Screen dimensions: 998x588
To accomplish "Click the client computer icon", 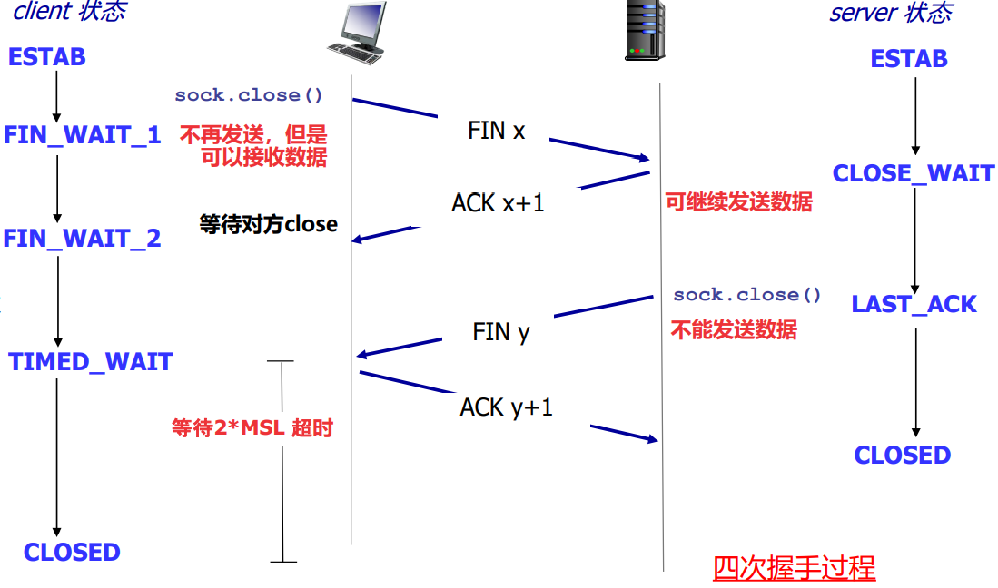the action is point(358,33).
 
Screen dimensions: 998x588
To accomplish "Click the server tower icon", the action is point(646,31).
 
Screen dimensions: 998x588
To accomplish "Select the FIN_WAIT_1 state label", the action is point(83,135).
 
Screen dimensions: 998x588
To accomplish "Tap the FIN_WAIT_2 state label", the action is point(82,239).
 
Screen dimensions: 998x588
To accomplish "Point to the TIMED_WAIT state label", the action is point(91,362).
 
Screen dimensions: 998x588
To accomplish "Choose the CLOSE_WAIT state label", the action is point(914,173).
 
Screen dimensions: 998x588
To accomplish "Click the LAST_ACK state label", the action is point(914,305).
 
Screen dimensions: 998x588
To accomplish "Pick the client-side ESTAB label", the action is point(46,57).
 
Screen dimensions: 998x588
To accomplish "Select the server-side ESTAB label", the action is point(909,59).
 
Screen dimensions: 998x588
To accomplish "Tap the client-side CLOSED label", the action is point(72,553).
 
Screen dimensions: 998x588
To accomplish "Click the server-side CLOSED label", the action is point(903,456).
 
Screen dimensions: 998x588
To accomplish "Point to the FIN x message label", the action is point(497,131).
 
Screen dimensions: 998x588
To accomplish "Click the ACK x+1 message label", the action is point(498,203).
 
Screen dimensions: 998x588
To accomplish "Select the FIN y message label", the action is point(501,332).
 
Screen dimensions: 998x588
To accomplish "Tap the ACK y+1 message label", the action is point(506,407).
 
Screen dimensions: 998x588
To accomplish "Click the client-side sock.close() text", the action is point(249,95).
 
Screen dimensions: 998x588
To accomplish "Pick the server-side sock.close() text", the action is point(747,295).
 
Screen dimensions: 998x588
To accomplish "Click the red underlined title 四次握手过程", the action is point(795,568).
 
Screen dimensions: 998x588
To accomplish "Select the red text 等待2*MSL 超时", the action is point(252,427).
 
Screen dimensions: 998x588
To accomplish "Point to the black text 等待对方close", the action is point(269,224).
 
